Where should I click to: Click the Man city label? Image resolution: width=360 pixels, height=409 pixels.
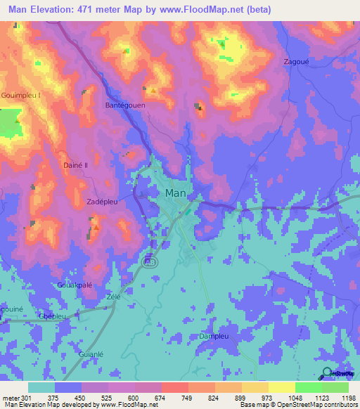(x=175, y=193)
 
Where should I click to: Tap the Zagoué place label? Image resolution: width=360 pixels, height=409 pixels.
(x=296, y=62)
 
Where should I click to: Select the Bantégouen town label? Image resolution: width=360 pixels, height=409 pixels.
(x=124, y=105)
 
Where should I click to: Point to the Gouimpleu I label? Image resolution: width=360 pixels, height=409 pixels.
(x=22, y=94)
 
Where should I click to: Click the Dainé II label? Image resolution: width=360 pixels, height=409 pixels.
(x=75, y=165)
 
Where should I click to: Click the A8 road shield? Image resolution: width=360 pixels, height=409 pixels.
(x=150, y=261)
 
